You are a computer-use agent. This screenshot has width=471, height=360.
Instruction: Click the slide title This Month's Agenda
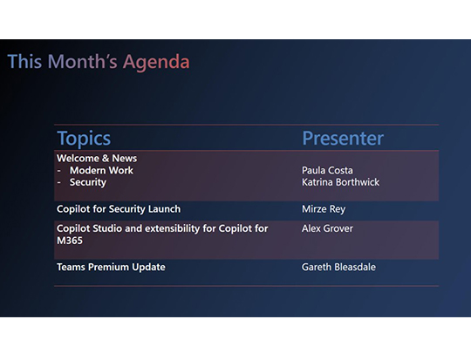coord(98,62)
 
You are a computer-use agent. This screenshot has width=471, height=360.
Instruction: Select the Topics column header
coord(84,139)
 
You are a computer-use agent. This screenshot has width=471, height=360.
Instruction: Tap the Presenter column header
coord(342,139)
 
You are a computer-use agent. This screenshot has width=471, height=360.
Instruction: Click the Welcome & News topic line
coord(97,159)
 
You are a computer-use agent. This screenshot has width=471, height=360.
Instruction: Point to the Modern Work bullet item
coord(101,171)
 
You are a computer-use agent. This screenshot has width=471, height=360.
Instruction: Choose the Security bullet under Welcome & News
coord(87,183)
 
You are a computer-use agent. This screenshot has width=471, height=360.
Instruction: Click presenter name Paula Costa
coord(327,171)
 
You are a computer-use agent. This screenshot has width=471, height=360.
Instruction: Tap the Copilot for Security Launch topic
coord(118,209)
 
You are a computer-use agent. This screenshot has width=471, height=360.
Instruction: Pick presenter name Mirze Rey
coord(324,209)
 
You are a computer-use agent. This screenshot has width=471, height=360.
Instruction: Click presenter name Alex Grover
coord(325,228)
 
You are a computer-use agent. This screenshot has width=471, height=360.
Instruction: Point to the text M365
coord(69,241)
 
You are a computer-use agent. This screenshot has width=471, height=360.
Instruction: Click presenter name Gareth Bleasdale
coord(338,267)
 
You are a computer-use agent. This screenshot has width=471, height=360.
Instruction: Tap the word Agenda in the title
coord(156,62)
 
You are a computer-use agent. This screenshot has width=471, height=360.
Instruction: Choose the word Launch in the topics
coord(163,209)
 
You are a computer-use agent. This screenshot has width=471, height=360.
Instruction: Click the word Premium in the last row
coord(110,267)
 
